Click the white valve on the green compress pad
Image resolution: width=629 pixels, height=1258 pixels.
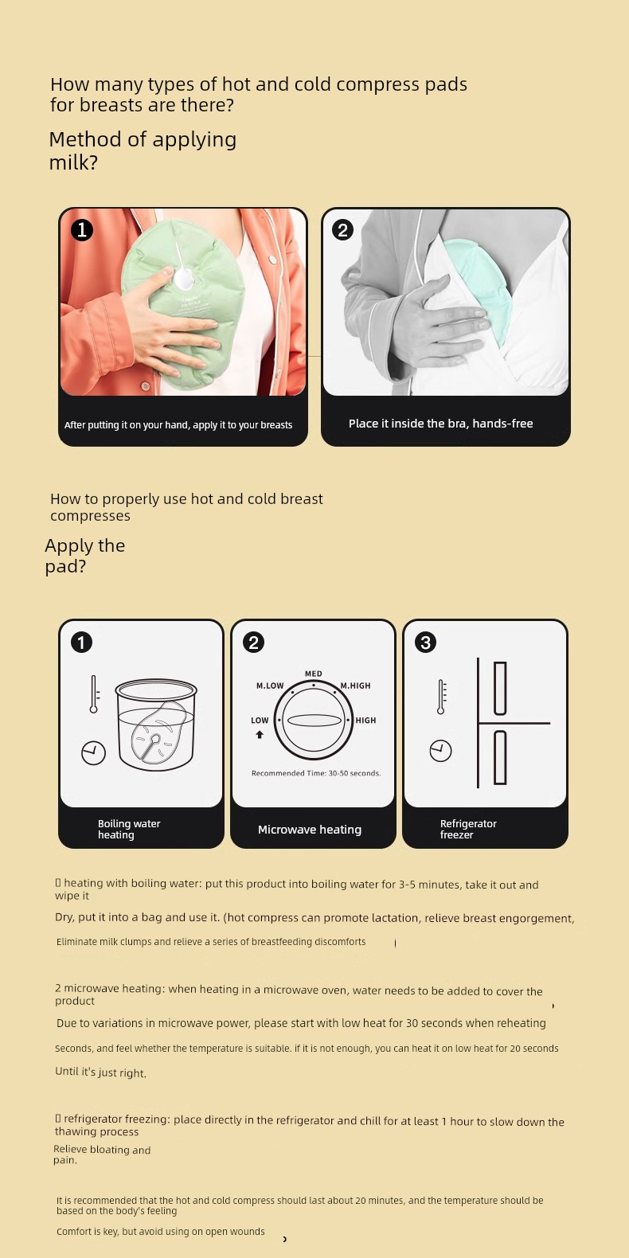184,277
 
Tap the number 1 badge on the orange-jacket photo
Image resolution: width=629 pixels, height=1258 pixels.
82,229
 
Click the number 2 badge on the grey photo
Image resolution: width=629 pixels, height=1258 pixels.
343,229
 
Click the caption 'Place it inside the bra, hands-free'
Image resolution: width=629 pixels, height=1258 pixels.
441,424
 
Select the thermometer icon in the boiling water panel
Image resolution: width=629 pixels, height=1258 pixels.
94,694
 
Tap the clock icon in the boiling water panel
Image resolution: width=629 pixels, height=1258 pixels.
94,752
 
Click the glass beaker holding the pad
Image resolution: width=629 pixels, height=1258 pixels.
156,725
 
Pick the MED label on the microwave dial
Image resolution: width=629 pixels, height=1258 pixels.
314,674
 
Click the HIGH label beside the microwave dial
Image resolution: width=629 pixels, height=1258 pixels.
365,720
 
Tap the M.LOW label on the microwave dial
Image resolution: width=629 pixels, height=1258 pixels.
270,686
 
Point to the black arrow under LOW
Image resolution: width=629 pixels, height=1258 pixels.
260,734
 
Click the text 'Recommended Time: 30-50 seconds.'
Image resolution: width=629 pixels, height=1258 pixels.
316,773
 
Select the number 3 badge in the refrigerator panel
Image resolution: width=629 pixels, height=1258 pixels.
426,642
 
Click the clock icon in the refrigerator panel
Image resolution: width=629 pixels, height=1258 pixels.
441,750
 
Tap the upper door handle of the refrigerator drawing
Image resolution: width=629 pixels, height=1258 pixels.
500,688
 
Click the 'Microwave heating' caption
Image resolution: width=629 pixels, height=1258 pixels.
310,830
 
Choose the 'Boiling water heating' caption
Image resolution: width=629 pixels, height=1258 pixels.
129,829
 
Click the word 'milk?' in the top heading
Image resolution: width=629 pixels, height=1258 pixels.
73,162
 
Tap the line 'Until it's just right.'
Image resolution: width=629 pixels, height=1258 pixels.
100,1072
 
